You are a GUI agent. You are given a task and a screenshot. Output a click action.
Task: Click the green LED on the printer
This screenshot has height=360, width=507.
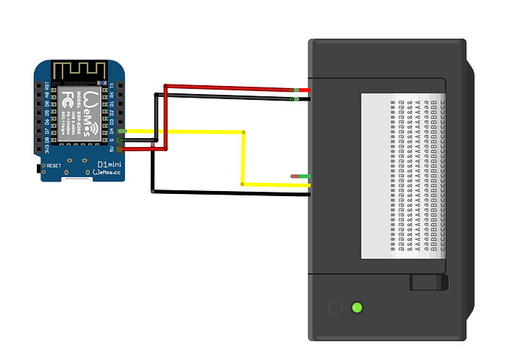[358, 307]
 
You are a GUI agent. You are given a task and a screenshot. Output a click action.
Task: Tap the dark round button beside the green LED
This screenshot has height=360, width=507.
[334, 308]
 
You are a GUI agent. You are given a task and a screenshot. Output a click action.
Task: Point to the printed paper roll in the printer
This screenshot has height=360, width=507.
[403, 176]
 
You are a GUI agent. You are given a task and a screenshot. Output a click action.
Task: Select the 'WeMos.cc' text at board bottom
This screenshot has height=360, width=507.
[108, 173]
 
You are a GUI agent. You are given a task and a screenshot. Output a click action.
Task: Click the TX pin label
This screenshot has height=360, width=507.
[112, 84]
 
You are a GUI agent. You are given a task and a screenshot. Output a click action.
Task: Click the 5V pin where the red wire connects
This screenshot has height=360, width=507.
[121, 148]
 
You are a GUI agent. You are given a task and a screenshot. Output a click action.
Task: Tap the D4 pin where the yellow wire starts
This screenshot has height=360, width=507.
[121, 131]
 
